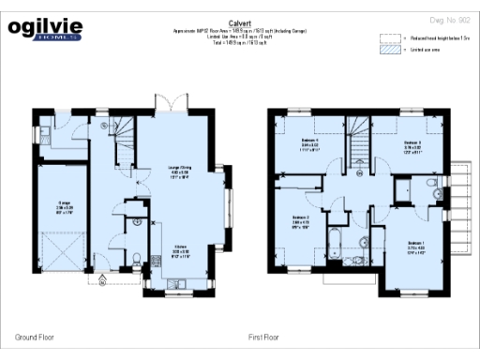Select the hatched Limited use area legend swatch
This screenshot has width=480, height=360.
coord(389,51)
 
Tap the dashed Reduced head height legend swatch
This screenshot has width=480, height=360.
coord(389,39)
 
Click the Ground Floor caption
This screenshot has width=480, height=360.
coord(34,335)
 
